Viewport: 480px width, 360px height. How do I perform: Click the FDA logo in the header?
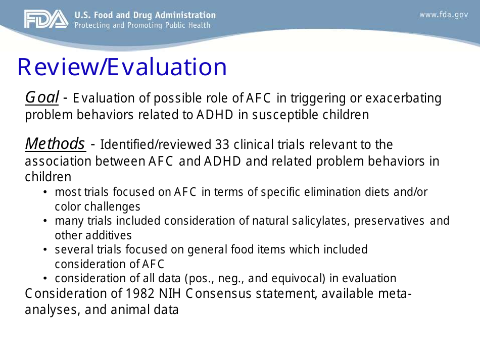tap(45, 19)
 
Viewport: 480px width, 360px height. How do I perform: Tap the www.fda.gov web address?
tap(444, 15)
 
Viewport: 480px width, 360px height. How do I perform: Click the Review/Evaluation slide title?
tap(122, 67)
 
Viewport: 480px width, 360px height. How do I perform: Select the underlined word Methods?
tap(55, 144)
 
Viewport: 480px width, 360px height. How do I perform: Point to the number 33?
tap(222, 145)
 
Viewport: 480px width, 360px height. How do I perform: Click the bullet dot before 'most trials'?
tap(45, 192)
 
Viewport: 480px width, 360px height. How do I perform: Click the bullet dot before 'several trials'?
tap(45, 250)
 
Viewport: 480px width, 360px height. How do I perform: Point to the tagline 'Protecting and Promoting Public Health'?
tap(142, 25)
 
